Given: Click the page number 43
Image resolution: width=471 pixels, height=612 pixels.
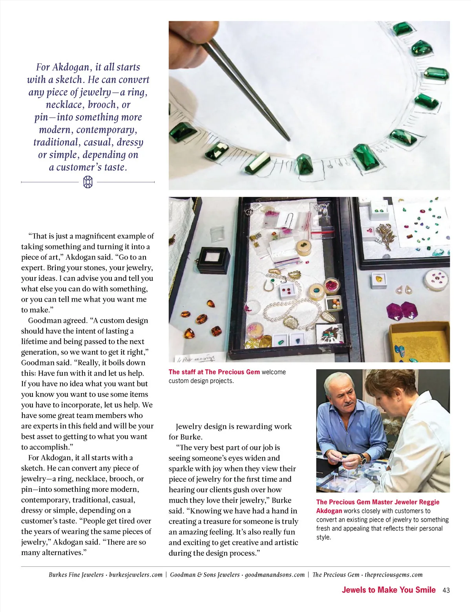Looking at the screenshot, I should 446,590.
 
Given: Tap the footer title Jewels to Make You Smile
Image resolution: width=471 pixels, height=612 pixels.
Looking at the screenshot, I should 389,590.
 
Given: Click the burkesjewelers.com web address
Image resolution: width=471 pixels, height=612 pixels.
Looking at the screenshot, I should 136,575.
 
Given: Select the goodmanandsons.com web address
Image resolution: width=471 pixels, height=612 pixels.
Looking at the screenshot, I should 275,575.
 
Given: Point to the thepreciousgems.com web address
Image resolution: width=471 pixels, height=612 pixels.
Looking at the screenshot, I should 394,575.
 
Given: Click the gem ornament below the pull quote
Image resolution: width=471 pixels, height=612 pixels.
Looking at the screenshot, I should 88,182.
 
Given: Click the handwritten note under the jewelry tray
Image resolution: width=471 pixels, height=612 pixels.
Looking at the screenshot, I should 195,357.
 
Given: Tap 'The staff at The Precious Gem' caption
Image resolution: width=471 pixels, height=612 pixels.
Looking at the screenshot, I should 214,372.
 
